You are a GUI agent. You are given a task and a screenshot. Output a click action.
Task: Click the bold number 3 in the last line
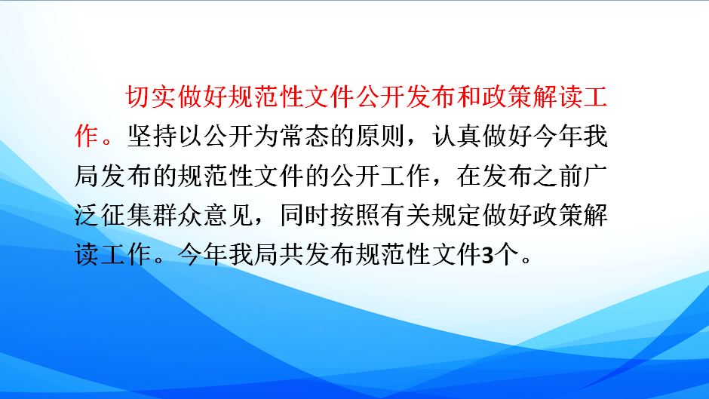(x=487, y=255)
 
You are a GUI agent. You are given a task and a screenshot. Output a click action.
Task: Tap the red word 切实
(x=151, y=97)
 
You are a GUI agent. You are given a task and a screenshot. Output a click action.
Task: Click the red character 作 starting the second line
(x=87, y=137)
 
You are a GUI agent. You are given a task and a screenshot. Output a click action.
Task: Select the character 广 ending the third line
(x=595, y=176)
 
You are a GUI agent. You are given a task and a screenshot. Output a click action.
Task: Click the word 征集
(x=126, y=215)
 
